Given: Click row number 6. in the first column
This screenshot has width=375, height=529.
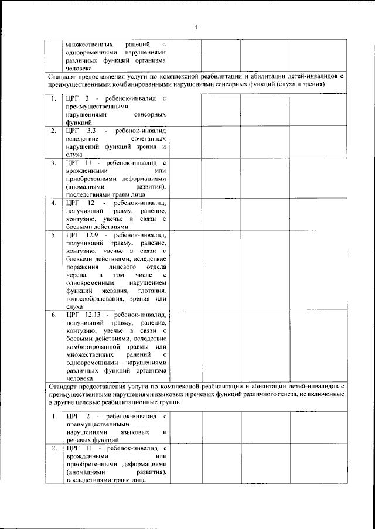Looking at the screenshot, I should click(x=53, y=314).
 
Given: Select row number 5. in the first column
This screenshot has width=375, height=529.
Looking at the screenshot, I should click(x=53, y=234).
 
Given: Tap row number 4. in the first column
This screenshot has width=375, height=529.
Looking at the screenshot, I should click(x=53, y=202).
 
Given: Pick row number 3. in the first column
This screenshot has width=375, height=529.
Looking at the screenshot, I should click(x=53, y=162).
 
